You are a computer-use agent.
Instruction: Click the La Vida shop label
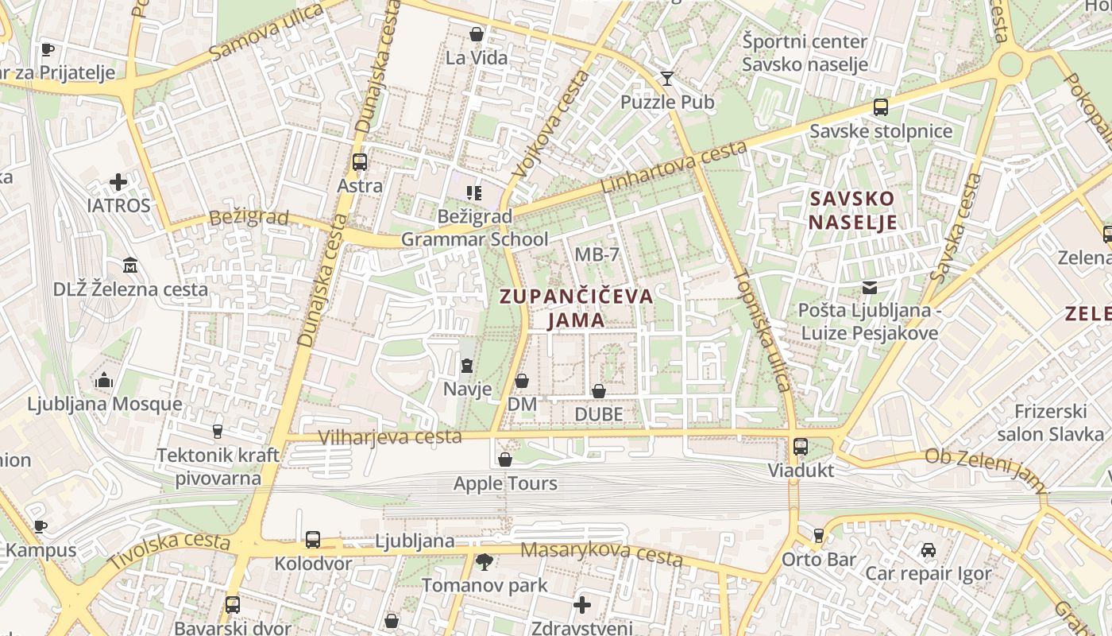(477, 57)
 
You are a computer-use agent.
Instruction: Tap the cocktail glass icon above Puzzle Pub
(666, 78)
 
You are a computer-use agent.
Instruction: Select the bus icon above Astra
(360, 162)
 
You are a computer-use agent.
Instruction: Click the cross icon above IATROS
(118, 182)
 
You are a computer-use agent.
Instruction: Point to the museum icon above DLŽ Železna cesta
(130, 266)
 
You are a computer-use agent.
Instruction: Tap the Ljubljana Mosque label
(105, 404)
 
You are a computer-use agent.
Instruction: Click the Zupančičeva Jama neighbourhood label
(577, 308)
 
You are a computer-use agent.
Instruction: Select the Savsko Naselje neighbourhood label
(852, 210)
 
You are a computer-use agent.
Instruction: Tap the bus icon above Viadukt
(801, 447)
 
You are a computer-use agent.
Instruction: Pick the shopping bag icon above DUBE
(599, 391)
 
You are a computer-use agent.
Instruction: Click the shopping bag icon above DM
(522, 382)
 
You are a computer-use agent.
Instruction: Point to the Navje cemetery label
(467, 390)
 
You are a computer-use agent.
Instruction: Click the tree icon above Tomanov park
(484, 562)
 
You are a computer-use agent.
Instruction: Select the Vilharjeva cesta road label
(389, 436)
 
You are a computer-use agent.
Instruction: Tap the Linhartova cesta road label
(674, 168)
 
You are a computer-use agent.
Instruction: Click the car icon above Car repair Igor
(928, 550)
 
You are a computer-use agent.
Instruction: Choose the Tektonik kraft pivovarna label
(218, 467)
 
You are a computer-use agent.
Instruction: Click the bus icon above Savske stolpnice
(880, 107)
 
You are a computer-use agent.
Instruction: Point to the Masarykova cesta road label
(601, 553)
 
